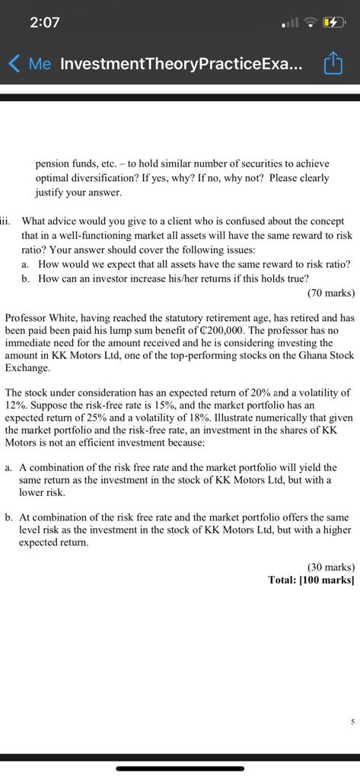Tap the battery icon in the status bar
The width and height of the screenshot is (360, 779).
tap(335, 23)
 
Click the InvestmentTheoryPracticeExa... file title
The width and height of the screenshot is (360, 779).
tap(180, 65)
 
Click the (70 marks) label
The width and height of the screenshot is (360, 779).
tap(331, 292)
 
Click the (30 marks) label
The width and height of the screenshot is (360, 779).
tap(331, 567)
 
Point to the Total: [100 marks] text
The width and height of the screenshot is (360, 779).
tap(311, 580)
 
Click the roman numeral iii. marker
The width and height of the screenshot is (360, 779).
tap(8, 221)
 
